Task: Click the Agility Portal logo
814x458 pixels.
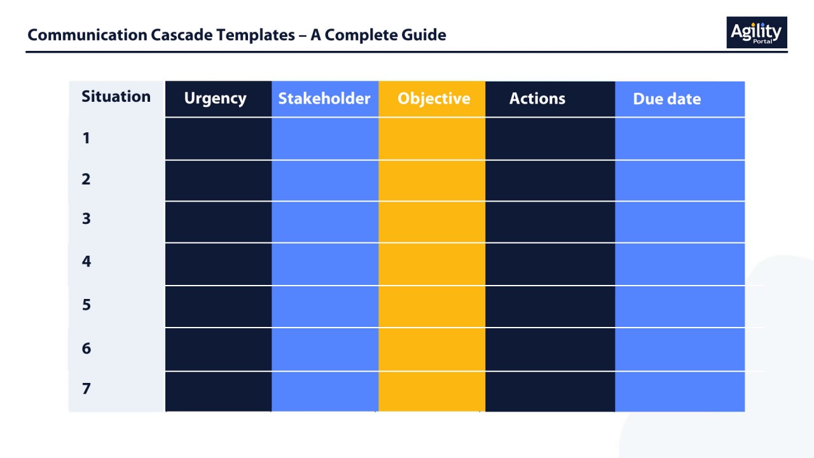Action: (756, 32)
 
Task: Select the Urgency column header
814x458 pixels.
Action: (215, 99)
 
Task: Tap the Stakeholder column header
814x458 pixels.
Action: (324, 99)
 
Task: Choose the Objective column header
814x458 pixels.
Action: (434, 99)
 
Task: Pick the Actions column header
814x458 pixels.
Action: (537, 99)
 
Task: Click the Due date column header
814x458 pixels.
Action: (666, 99)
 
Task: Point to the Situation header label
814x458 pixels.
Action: (116, 97)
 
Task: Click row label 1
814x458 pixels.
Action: (86, 138)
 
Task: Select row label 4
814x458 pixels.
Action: (86, 261)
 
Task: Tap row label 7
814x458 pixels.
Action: (86, 389)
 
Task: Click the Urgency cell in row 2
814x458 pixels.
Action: (218, 181)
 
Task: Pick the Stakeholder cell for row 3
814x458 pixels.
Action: (325, 222)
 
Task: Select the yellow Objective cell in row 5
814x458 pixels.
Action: (432, 307)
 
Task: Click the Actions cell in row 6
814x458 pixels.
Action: (550, 349)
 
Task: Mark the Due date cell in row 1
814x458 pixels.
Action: (680, 139)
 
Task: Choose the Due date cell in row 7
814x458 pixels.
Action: (680, 391)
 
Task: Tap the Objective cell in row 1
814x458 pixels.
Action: (432, 139)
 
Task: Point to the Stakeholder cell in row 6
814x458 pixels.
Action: (325, 349)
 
